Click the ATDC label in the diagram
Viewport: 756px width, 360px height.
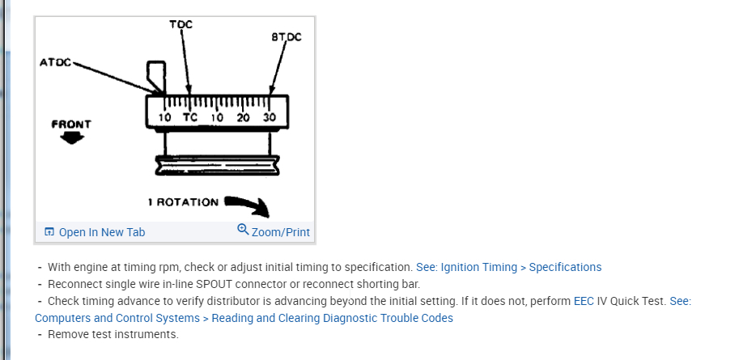(x=55, y=62)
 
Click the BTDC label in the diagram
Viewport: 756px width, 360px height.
(x=286, y=37)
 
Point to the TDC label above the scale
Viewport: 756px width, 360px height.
(x=181, y=24)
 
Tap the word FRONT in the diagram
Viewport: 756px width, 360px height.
(x=71, y=124)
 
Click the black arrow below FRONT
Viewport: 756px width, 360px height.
(x=72, y=138)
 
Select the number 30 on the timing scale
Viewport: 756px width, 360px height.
(x=270, y=117)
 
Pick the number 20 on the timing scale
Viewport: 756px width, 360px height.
(x=243, y=117)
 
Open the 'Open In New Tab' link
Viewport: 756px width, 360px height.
(x=102, y=232)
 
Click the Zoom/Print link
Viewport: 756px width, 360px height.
(x=280, y=232)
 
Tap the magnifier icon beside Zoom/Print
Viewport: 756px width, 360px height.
(x=243, y=230)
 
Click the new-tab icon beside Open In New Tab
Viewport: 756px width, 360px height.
(x=49, y=232)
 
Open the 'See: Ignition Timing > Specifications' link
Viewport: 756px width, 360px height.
(x=508, y=267)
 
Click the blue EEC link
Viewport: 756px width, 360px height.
(x=584, y=301)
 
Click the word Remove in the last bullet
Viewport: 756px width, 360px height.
(x=68, y=334)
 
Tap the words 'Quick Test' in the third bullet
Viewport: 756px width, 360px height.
(x=638, y=301)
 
